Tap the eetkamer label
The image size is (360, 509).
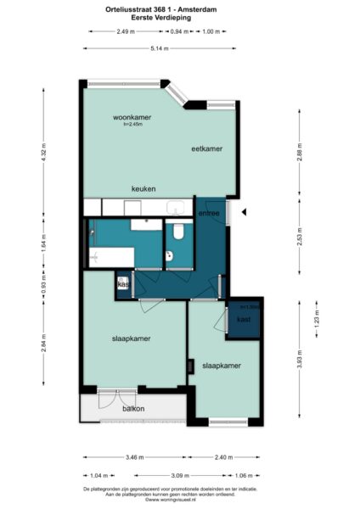coord(206,148)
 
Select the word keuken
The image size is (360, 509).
coord(143,188)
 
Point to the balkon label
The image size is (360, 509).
coord(133,409)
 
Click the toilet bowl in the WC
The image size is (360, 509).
coord(177,232)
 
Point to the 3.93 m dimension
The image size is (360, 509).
coord(300,360)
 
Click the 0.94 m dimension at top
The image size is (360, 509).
coord(179,31)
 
